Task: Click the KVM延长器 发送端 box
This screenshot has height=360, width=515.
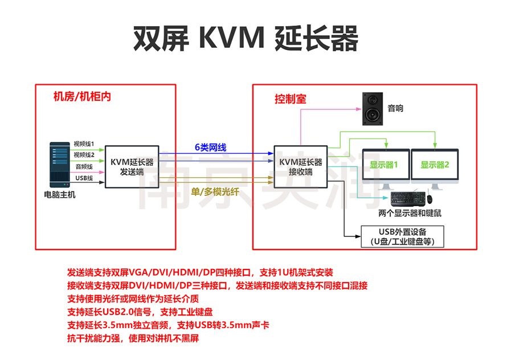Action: (x=132, y=166)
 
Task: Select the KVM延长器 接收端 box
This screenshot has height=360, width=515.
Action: (x=300, y=166)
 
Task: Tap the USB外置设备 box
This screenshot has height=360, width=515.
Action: (x=402, y=236)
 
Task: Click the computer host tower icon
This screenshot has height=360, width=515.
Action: (x=59, y=165)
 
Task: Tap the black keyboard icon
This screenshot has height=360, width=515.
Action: (x=407, y=199)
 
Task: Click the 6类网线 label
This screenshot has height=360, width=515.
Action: (x=210, y=148)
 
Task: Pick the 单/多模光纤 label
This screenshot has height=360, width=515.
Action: (x=212, y=191)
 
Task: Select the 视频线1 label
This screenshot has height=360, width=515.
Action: (x=84, y=144)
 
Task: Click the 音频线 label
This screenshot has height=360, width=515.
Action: (x=84, y=167)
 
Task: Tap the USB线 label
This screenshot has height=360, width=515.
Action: (x=84, y=178)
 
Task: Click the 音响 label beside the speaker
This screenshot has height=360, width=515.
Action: (x=395, y=108)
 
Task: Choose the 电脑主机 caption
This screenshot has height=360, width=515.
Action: (x=59, y=195)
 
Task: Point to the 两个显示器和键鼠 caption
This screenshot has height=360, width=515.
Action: (x=409, y=214)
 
